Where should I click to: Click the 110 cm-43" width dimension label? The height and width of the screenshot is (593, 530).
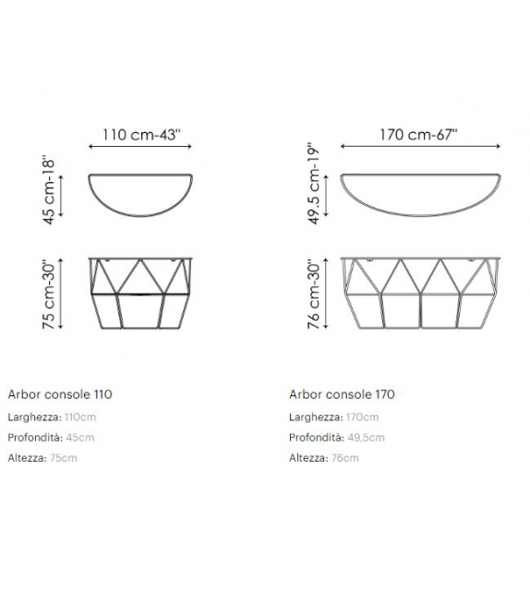pyautogui.click(x=141, y=133)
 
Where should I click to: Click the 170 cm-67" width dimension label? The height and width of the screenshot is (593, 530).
pyautogui.click(x=418, y=133)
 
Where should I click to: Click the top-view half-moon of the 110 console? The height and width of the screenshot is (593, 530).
pyautogui.click(x=141, y=192)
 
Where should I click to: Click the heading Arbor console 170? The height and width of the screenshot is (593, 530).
pyautogui.click(x=342, y=394)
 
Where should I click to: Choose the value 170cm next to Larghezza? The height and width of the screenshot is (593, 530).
pyautogui.click(x=360, y=418)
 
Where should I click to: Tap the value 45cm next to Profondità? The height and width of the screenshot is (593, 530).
pyautogui.click(x=78, y=438)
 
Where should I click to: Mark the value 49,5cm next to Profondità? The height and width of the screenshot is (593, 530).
pyautogui.click(x=364, y=438)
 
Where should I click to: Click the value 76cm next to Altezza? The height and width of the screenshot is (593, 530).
pyautogui.click(x=343, y=458)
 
